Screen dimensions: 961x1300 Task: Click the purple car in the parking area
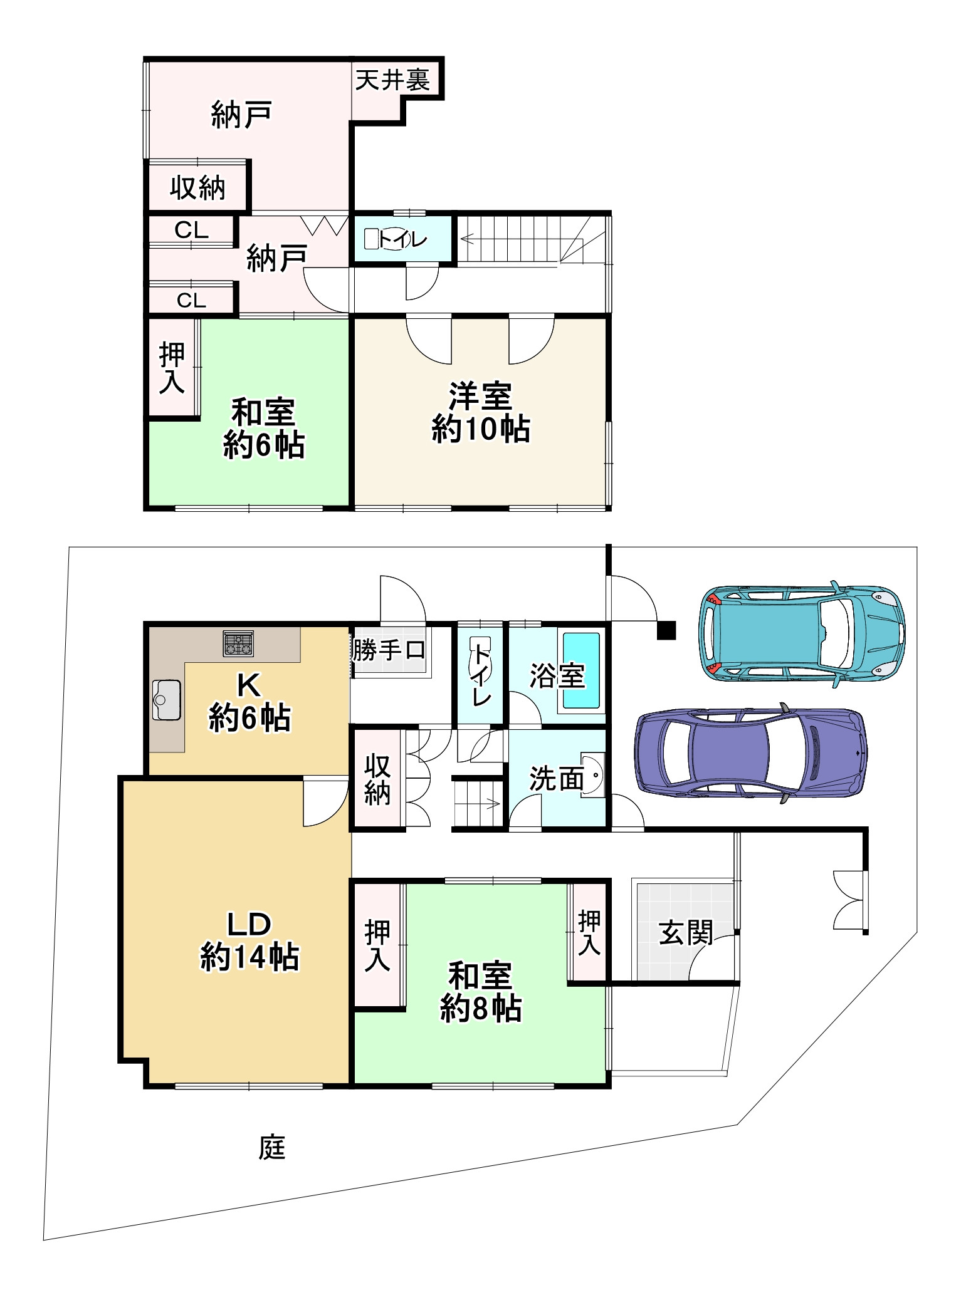click(x=751, y=752)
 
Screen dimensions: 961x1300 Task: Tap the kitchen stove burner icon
click(x=238, y=643)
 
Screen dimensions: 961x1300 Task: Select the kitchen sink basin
click(x=166, y=699)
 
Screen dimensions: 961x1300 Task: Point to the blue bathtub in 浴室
click(x=581, y=670)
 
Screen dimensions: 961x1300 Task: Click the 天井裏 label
click(x=392, y=80)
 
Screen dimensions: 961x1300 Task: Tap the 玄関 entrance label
click(x=686, y=933)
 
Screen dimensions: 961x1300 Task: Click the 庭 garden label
click(x=272, y=1148)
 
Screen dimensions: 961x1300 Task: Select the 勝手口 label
click(x=389, y=650)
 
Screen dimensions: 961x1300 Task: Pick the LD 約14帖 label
click(x=249, y=941)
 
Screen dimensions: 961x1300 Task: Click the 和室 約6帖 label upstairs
click(x=264, y=429)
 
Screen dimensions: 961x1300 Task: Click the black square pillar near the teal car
click(x=666, y=630)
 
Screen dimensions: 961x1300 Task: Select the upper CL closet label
click(x=191, y=231)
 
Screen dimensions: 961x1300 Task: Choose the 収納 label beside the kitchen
click(x=377, y=779)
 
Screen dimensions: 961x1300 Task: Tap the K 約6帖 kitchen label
click(x=249, y=702)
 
